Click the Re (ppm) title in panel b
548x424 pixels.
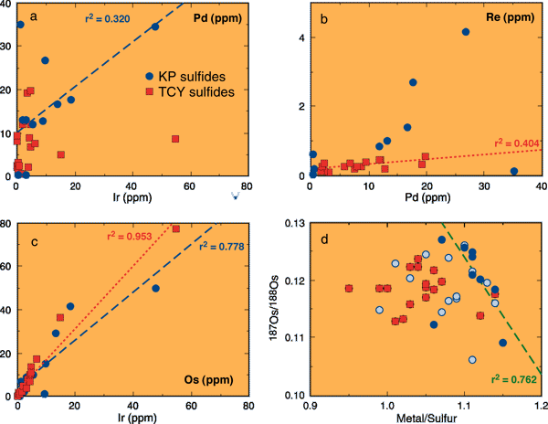pyautogui.click(x=512, y=16)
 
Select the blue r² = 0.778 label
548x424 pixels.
pyautogui.click(x=211, y=246)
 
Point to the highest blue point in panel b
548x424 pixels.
pyautogui.click(x=466, y=32)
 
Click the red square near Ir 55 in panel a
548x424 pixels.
pyautogui.click(x=175, y=139)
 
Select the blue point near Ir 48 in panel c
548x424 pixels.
pyautogui.click(x=155, y=289)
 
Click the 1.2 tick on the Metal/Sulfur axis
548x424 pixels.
pyautogui.click(x=541, y=405)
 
